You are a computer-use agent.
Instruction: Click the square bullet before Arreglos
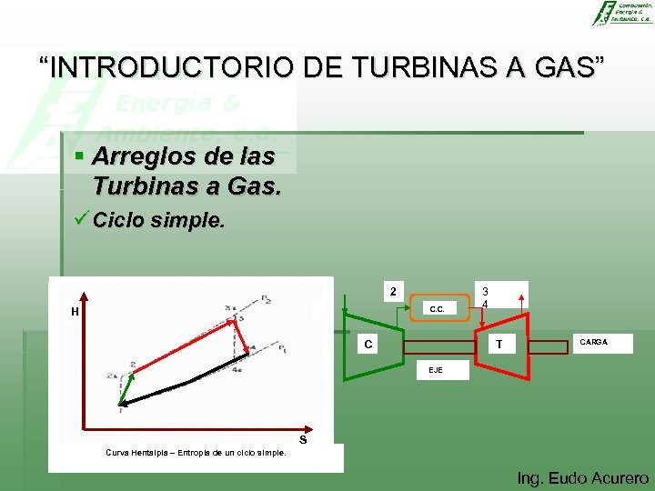[x=80, y=156]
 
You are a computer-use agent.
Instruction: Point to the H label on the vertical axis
[x=76, y=312]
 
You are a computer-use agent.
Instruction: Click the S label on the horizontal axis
[x=303, y=440]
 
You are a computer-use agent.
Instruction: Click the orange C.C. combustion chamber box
[x=437, y=308]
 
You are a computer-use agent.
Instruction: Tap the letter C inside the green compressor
[x=367, y=345]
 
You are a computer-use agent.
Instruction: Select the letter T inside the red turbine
[x=499, y=345]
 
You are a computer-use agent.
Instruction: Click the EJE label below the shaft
[x=437, y=369]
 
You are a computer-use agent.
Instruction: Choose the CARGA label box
[x=593, y=342]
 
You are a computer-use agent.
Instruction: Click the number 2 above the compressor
[x=392, y=292]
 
